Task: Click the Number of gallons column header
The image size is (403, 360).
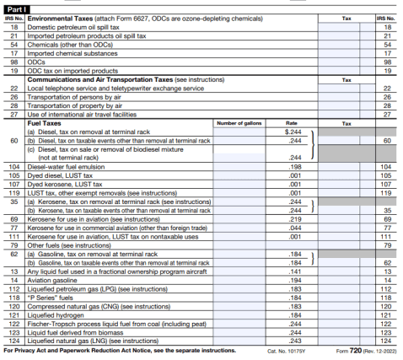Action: tap(240, 124)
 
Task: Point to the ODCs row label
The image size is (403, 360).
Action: tap(36, 61)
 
